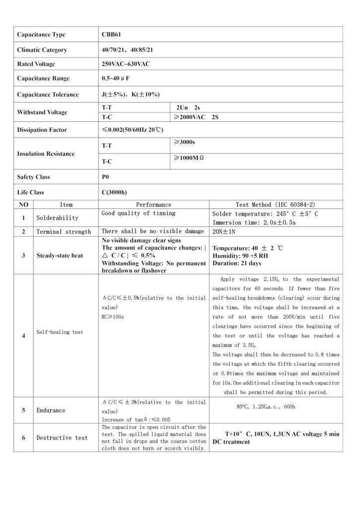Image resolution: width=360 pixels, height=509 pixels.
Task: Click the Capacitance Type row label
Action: click(x=41, y=35)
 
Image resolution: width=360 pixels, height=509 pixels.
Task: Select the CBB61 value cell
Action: click(x=111, y=35)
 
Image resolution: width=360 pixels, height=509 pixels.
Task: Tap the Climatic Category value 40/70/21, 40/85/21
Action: click(x=134, y=50)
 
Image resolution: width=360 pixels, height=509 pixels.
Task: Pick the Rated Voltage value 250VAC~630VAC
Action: click(x=126, y=64)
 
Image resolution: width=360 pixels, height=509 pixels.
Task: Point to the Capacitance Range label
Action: click(x=43, y=79)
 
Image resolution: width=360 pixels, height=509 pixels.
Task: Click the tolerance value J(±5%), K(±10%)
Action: click(x=131, y=94)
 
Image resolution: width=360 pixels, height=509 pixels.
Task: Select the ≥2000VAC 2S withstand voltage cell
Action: click(x=196, y=117)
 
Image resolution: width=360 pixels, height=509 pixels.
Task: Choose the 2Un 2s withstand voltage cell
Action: click(x=188, y=107)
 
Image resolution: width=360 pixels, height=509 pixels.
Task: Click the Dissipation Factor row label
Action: click(x=42, y=130)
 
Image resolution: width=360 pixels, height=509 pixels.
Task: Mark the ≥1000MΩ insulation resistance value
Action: click(x=188, y=158)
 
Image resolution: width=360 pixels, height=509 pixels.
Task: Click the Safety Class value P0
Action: click(x=105, y=177)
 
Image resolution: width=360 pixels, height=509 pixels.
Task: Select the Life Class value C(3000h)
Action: click(x=114, y=192)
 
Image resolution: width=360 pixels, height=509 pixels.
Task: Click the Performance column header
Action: click(x=154, y=205)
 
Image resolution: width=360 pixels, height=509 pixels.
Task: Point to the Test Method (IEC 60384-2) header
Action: click(x=275, y=205)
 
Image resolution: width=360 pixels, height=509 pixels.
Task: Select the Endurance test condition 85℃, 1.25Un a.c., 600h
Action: click(x=266, y=407)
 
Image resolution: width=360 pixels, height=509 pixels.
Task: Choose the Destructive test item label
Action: click(x=62, y=438)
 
